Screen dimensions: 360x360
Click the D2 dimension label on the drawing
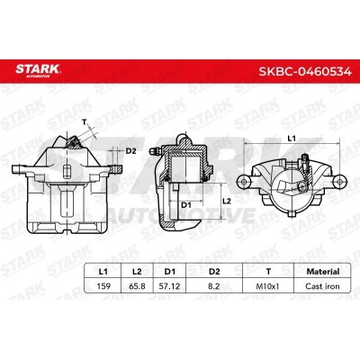point(130,151)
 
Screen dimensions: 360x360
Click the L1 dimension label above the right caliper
point(291,138)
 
